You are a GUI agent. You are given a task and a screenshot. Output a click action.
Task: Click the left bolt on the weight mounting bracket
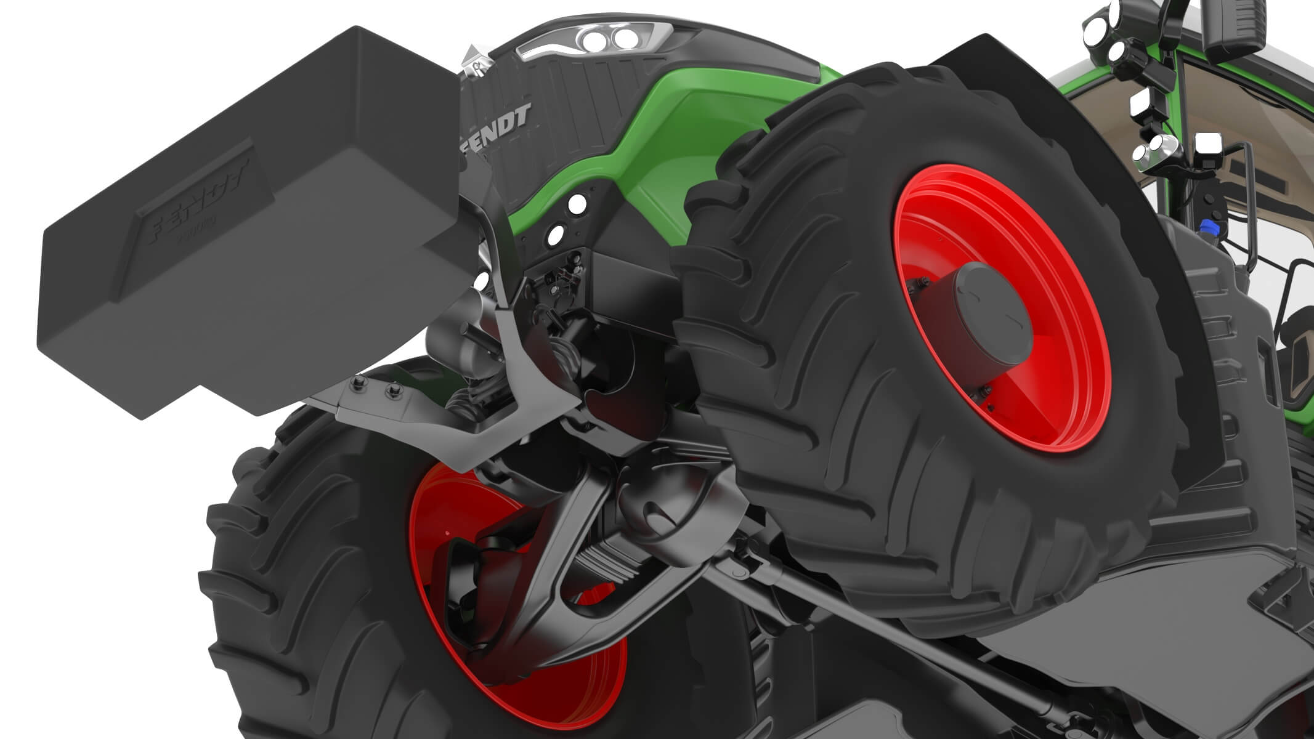click(359, 385)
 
